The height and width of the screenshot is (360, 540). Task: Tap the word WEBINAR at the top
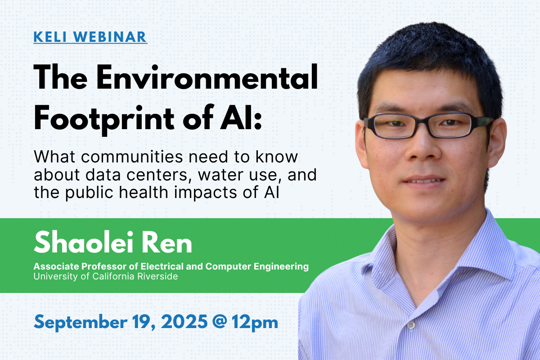[x=110, y=37]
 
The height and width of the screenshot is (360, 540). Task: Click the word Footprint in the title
[x=104, y=118]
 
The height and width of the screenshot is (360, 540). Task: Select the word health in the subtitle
[x=144, y=192]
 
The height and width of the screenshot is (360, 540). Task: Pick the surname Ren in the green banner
[x=166, y=243]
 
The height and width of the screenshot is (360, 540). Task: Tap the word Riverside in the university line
[x=157, y=276]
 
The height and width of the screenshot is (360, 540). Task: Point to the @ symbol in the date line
[x=220, y=322]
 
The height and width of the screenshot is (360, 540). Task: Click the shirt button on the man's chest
[x=411, y=325]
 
